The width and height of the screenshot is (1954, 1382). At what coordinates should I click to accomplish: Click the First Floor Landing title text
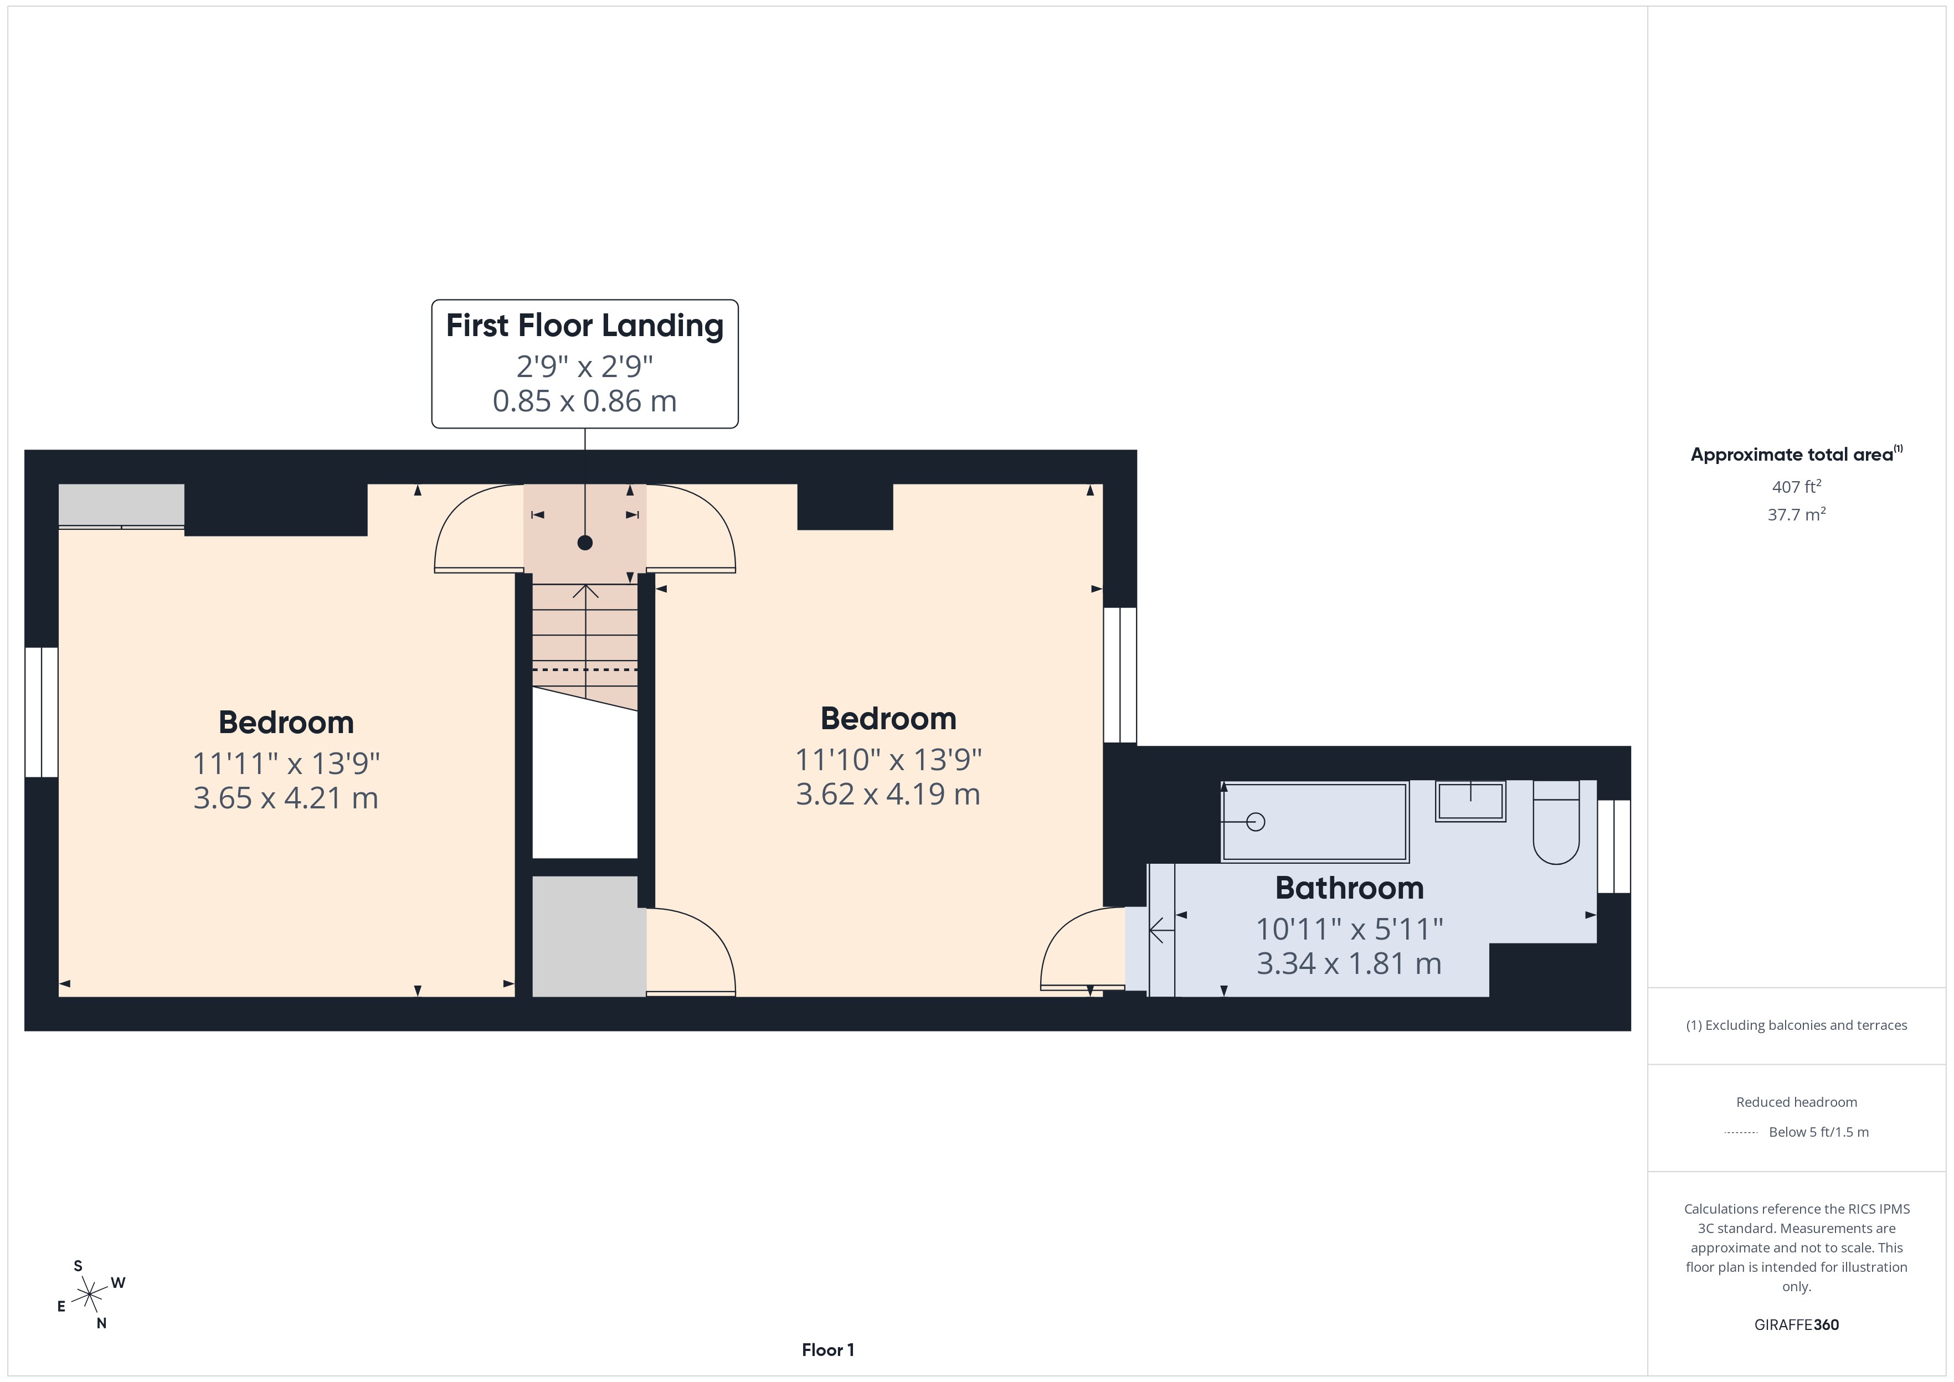[x=585, y=325]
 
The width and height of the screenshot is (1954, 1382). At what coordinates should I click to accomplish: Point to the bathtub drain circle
[x=1255, y=822]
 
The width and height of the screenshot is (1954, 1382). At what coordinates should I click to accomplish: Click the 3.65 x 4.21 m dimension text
[x=286, y=798]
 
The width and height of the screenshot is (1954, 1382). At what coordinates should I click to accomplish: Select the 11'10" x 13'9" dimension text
[x=888, y=759]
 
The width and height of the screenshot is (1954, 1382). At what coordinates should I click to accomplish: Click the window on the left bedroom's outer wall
[x=41, y=712]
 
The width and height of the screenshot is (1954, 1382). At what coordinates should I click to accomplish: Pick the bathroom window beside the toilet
[x=1613, y=847]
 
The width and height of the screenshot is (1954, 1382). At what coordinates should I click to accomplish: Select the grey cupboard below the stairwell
[x=589, y=936]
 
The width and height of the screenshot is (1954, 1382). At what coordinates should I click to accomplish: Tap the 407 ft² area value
[x=1796, y=487]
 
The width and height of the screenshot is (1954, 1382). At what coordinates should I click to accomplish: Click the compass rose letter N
[x=101, y=1323]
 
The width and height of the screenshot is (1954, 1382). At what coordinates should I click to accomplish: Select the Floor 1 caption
[x=827, y=1350]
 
